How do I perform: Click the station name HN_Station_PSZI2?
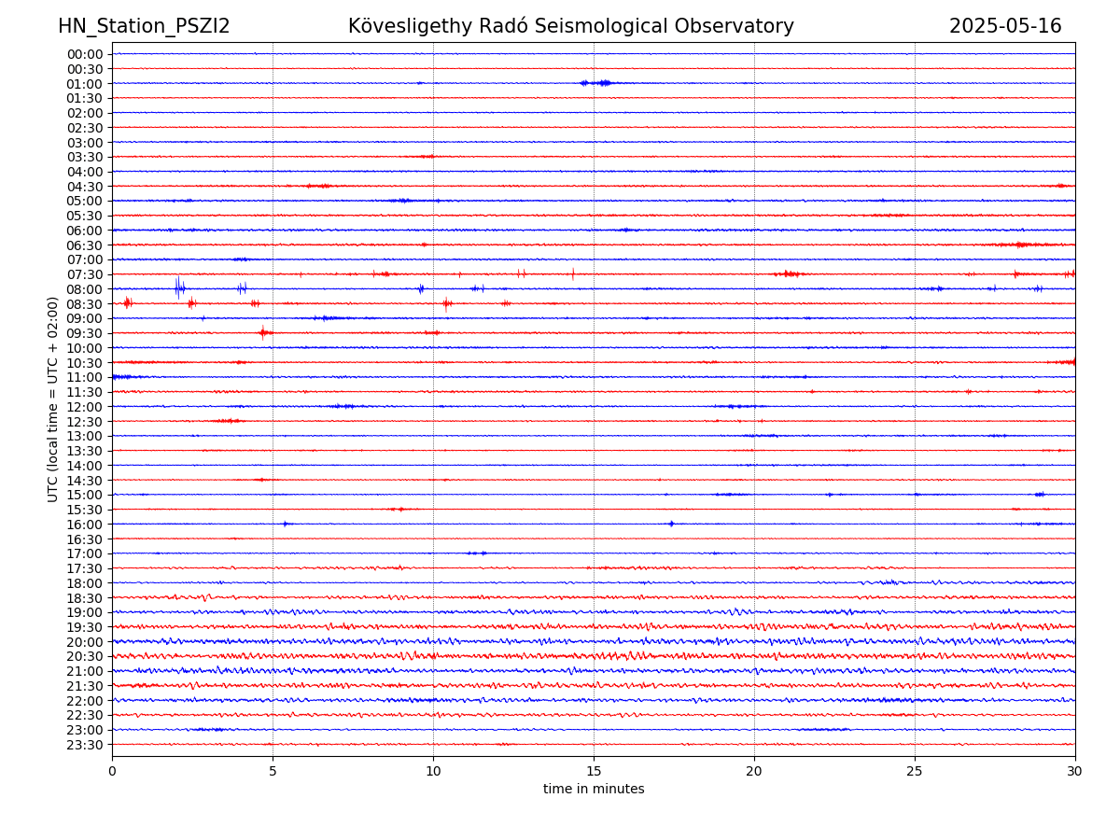click(x=144, y=26)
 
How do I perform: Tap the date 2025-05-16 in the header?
click(x=1005, y=26)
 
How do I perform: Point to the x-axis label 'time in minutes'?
click(x=594, y=790)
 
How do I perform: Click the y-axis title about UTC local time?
click(x=53, y=399)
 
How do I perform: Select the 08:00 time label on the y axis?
click(x=85, y=289)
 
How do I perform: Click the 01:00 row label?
click(x=85, y=83)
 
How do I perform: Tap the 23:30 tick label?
click(x=85, y=745)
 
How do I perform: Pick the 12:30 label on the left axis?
click(x=85, y=422)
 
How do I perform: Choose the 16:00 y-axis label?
click(x=85, y=525)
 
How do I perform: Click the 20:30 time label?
click(x=85, y=657)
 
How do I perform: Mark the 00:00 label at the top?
click(x=85, y=54)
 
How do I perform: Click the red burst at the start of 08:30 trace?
click(x=128, y=302)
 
